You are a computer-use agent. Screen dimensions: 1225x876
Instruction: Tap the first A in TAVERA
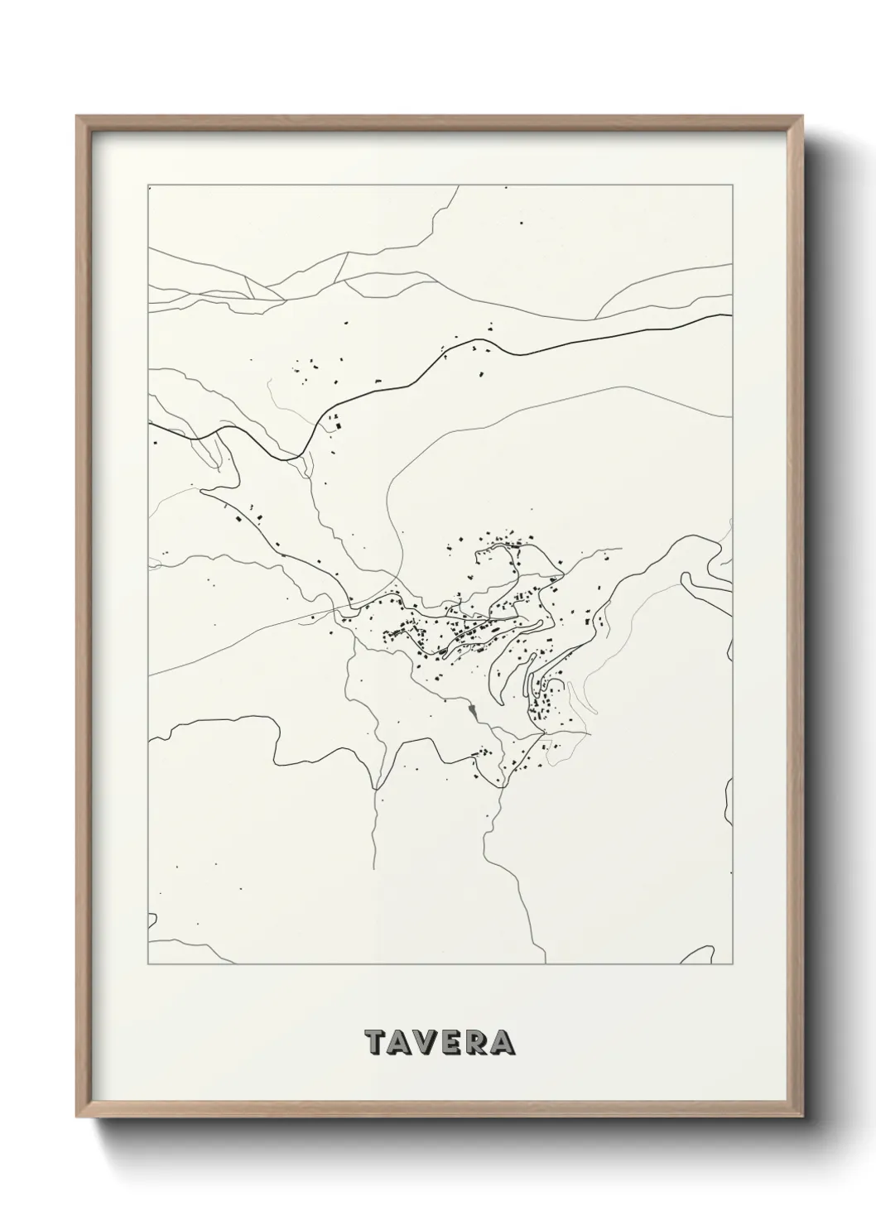pyautogui.click(x=402, y=1043)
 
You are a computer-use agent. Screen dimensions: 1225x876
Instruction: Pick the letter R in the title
pyautogui.click(x=478, y=1043)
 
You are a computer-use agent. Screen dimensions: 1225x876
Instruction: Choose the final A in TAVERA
pyautogui.click(x=503, y=1043)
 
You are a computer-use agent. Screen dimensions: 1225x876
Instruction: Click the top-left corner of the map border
pyautogui.click(x=147, y=185)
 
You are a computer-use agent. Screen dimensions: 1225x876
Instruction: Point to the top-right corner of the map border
pyautogui.click(x=732, y=185)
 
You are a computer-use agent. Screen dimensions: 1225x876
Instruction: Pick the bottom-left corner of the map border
pyautogui.click(x=147, y=964)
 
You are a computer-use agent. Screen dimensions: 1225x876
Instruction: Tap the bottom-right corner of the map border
pyautogui.click(x=732, y=964)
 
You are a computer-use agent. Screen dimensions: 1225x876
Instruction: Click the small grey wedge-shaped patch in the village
pyautogui.click(x=472, y=710)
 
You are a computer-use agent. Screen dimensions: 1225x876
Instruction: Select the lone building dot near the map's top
pyautogui.click(x=521, y=222)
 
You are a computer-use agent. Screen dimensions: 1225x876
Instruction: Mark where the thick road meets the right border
pyautogui.click(x=731, y=315)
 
